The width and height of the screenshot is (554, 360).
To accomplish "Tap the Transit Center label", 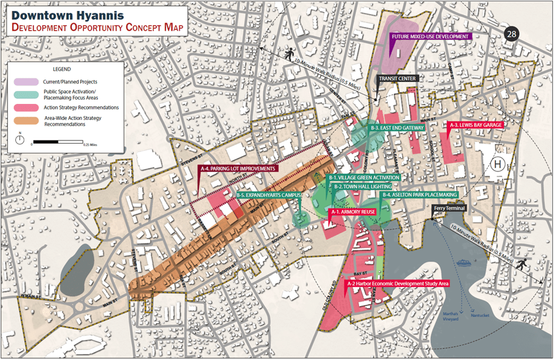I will (x=398, y=78).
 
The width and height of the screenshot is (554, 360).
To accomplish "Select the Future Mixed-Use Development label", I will (x=431, y=37).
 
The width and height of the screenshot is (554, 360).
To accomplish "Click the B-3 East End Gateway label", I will (x=398, y=128).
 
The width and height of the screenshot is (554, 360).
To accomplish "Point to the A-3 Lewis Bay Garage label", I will (x=476, y=125).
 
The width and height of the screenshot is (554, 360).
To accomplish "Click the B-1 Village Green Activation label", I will (x=364, y=177).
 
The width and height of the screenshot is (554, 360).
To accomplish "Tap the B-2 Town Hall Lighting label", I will (x=358, y=186).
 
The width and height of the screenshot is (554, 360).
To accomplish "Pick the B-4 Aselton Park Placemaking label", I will (x=419, y=194).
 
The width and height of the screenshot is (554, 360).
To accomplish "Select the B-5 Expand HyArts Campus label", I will (x=269, y=194).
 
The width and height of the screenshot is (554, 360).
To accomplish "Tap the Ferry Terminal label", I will (x=448, y=208).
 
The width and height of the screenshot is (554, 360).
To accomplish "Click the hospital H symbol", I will (x=497, y=165).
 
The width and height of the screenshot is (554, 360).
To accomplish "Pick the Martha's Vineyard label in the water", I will (x=451, y=316).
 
